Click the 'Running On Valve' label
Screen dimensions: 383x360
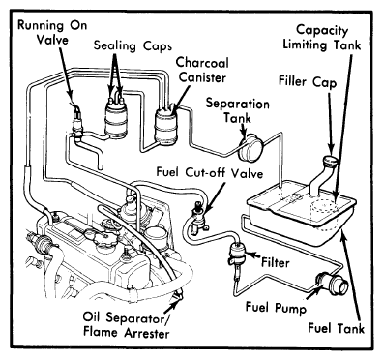click(x=52, y=33)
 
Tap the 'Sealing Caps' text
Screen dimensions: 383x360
click(x=133, y=46)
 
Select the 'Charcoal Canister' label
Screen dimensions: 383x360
click(x=202, y=70)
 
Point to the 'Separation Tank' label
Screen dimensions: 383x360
click(x=238, y=110)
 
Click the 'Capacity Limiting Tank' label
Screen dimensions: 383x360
click(x=322, y=38)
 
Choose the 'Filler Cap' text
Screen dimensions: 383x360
click(x=308, y=81)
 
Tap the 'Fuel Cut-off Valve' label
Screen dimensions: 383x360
click(x=210, y=172)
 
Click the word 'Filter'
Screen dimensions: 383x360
click(x=275, y=262)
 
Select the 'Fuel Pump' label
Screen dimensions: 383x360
click(x=276, y=308)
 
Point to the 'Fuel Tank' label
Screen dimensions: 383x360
click(x=336, y=328)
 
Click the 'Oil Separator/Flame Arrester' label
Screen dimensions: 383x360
click(x=126, y=324)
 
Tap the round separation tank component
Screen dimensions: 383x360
click(x=250, y=147)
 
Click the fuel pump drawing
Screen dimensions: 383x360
click(x=332, y=284)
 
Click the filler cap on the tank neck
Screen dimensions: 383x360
click(x=332, y=161)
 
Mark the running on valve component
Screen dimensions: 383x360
click(x=77, y=123)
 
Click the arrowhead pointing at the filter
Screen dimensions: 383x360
click(x=250, y=255)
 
